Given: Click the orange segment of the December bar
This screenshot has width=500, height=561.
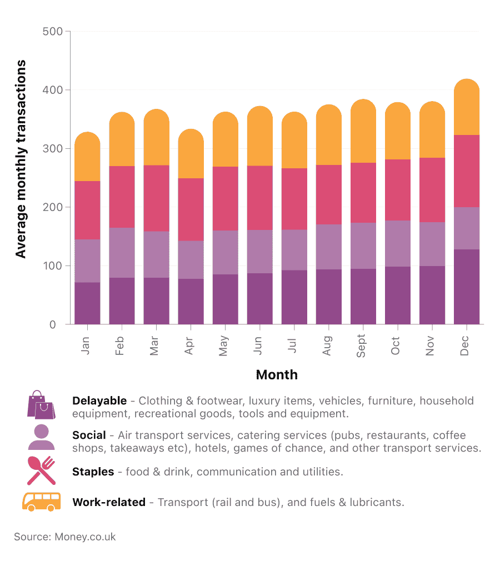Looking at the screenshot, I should pos(467,108).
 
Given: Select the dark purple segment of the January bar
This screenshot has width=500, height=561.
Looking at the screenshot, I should pos(87,303).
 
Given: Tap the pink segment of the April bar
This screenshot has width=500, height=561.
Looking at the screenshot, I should pos(191,209).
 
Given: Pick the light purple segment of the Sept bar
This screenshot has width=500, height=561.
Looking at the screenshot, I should pos(363,246).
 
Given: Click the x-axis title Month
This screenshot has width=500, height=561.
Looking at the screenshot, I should pos(277,375).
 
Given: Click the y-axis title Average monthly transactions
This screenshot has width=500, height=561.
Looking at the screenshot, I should pos(21,159).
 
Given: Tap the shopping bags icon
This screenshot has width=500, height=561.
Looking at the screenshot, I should pos(41,404).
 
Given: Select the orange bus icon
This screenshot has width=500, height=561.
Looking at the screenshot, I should pos(41,502).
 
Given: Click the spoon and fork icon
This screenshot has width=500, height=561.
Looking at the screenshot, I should pos(41,470).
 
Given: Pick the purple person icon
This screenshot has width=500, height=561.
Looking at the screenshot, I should pos(41,437).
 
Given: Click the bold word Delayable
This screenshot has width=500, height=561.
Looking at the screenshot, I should pos(99,401).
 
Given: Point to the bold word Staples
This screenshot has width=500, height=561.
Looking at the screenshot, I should pos(93,472).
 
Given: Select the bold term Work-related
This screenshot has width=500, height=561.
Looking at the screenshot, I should pos(109,503).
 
